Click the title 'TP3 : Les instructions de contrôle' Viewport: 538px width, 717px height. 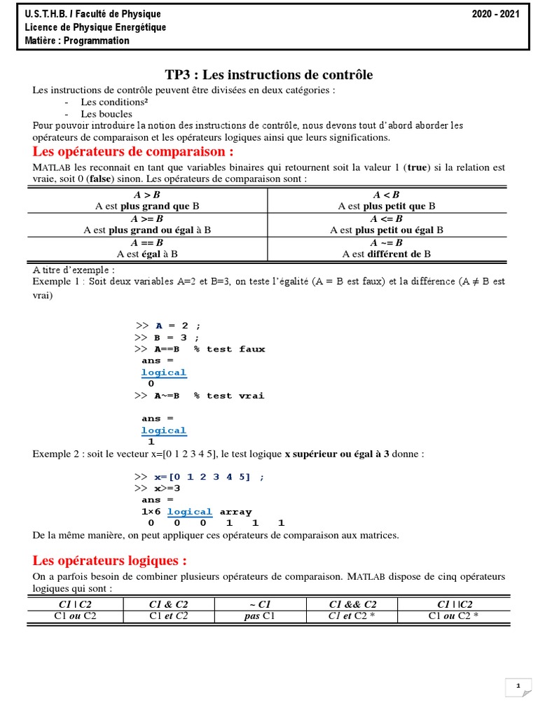268,75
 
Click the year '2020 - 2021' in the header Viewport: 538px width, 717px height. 496,14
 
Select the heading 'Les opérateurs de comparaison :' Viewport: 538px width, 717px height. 133,152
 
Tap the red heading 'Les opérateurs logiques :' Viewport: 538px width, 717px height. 110,561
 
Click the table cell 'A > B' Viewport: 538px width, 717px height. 146,195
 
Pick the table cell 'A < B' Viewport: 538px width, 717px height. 387,195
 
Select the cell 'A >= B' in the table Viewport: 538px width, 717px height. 146,218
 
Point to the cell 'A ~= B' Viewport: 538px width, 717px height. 387,242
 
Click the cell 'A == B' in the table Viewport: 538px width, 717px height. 146,242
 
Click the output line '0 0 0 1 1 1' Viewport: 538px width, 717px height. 213,523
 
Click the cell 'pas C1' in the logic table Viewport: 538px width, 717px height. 255,616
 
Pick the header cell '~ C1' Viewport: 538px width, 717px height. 255,604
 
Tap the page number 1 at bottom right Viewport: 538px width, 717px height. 518,687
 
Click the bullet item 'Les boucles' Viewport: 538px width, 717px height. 96,113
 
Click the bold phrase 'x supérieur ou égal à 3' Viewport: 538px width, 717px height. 337,454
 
